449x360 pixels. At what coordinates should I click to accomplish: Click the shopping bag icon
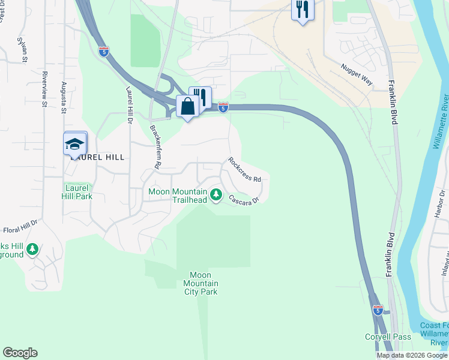pyautogui.click(x=187, y=107)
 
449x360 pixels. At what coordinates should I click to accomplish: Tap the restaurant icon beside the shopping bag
pyautogui.click(x=200, y=97)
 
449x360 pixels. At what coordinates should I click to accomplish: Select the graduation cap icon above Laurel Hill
pyautogui.click(x=76, y=144)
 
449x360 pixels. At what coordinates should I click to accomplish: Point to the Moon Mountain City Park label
pyautogui.click(x=200, y=283)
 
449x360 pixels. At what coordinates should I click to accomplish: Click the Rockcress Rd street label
pyautogui.click(x=244, y=170)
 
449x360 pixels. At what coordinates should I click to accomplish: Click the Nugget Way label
pyautogui.click(x=357, y=76)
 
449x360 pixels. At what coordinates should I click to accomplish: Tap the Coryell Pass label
pyautogui.click(x=388, y=337)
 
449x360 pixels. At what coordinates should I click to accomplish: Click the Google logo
pyautogui.click(x=20, y=353)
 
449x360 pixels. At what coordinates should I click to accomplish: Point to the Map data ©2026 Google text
pyautogui.click(x=412, y=355)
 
